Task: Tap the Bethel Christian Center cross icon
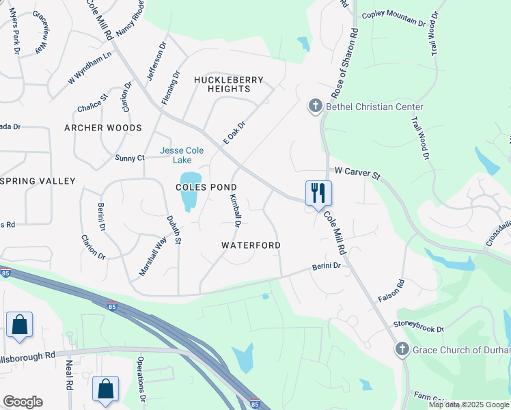pos(315,106)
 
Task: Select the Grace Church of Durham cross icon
pos(402,350)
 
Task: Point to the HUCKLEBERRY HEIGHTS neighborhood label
pos(229,85)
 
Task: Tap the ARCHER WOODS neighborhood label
pos(103,128)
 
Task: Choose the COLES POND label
pos(206,187)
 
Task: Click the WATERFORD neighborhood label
pos(251,245)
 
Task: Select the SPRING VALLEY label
pos(38,181)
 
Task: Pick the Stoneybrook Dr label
pos(418,326)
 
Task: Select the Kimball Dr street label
pos(235,210)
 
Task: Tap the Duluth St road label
pos(174,230)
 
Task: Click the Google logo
pos(23,402)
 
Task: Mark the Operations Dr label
pos(142,389)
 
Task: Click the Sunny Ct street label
pos(130,158)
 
